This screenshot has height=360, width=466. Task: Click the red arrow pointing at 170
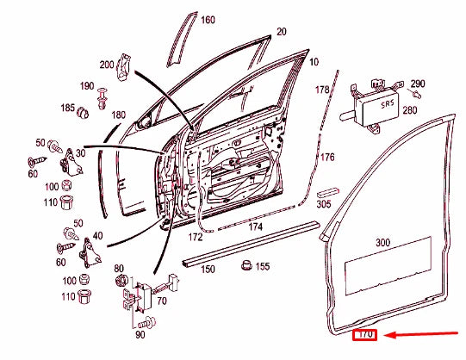point(422,336)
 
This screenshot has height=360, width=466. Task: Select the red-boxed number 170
point(365,334)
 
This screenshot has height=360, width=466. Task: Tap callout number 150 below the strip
point(208,270)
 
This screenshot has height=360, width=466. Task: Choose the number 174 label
point(255,227)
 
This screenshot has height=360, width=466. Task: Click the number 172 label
point(196,235)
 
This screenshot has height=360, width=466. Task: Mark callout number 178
point(322,90)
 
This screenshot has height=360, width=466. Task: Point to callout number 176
point(327,158)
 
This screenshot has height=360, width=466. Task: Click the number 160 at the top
point(208,20)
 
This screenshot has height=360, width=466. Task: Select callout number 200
point(107,65)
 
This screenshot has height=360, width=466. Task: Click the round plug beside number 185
point(84,112)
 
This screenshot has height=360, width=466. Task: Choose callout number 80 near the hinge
point(119,268)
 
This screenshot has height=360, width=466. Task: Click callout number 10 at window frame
point(313,62)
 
